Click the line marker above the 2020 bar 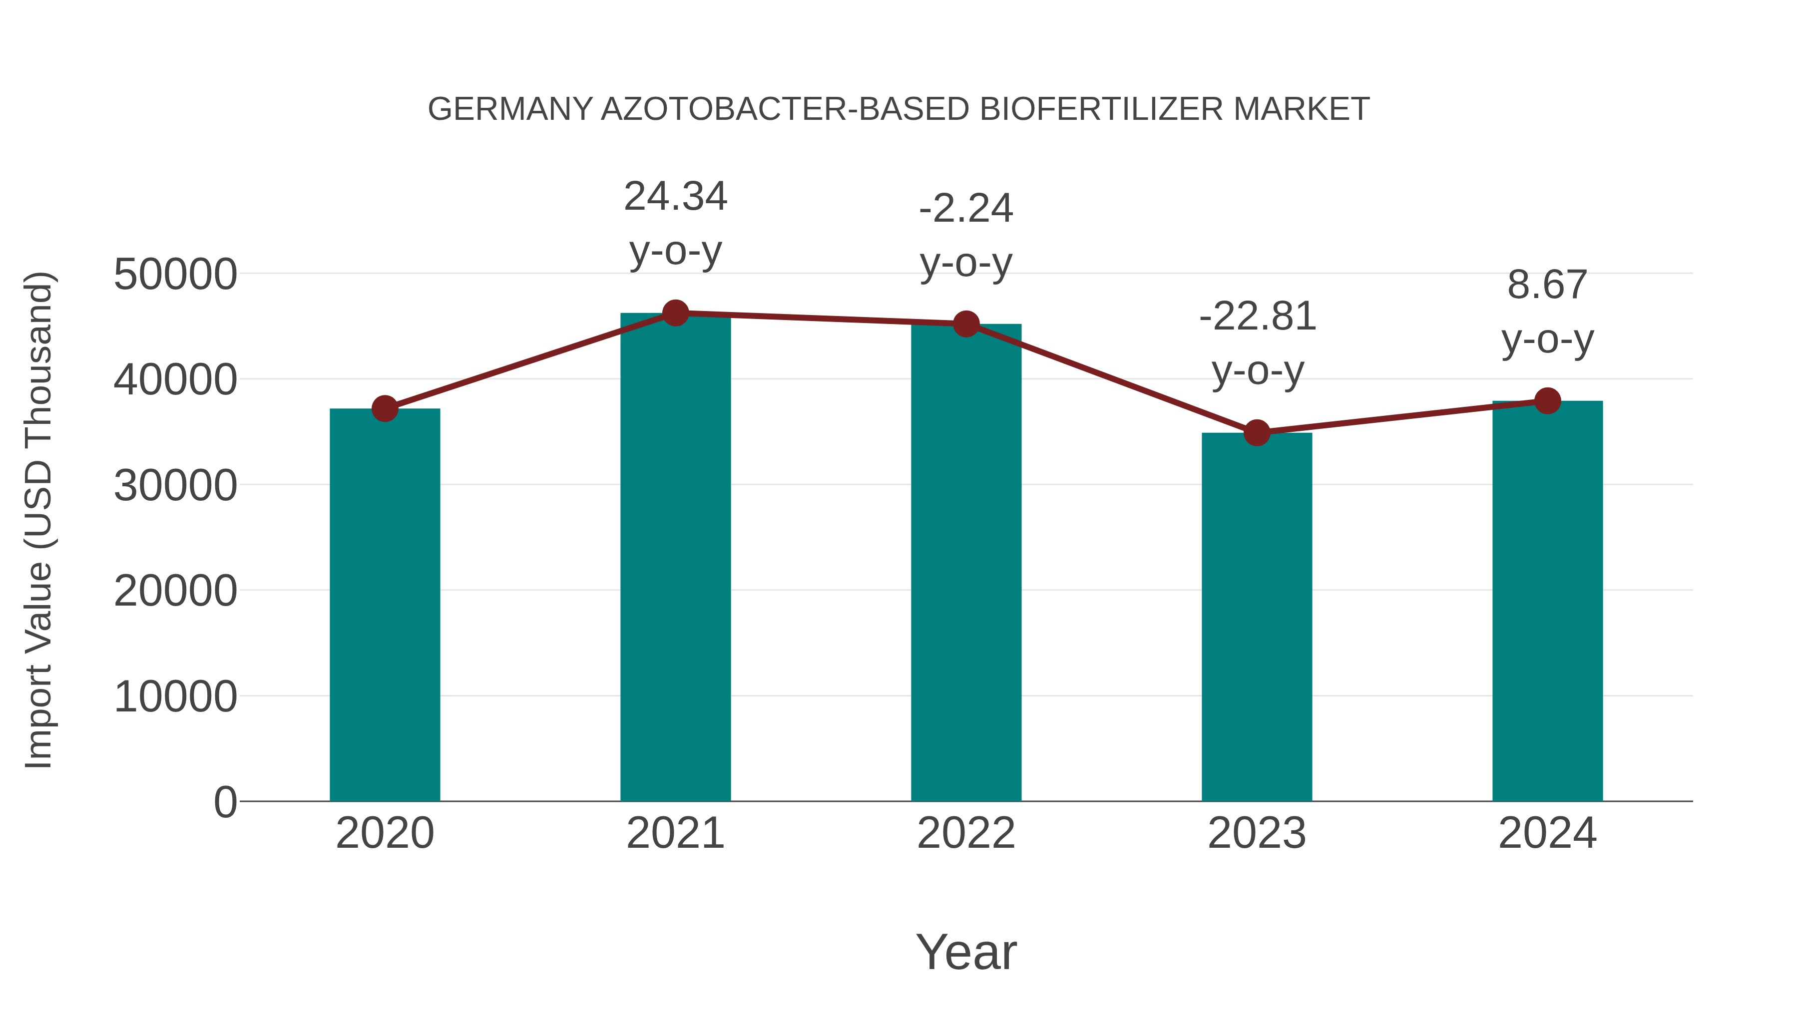pos(385,409)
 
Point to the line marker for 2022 pos(966,324)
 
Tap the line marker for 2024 pos(1547,401)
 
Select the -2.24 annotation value pos(966,209)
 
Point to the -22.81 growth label pos(1257,317)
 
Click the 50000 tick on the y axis pos(175,274)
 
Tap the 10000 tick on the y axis pos(175,696)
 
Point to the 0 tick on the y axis pos(225,802)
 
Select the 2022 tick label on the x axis pos(966,833)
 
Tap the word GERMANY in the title pos(509,109)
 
